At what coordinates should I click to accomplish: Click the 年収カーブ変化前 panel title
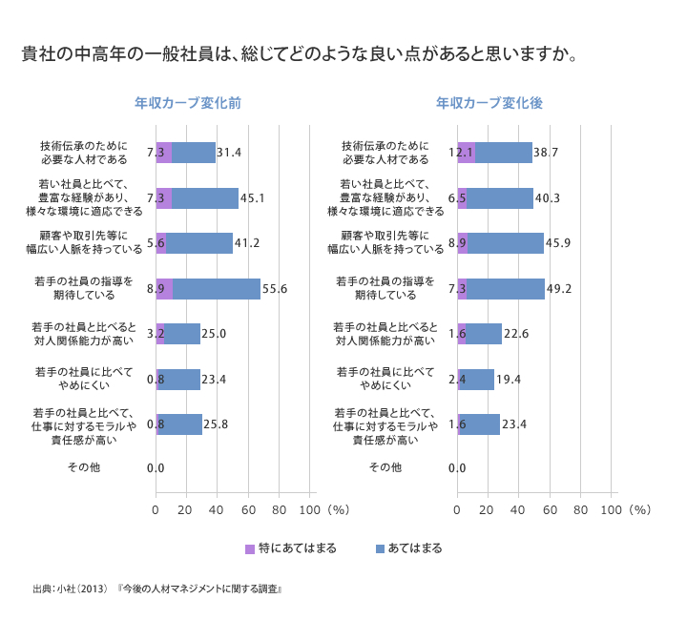(187, 102)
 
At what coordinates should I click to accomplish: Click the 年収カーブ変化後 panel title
(489, 102)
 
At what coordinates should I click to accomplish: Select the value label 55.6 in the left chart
(276, 288)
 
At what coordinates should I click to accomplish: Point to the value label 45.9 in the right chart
(558, 243)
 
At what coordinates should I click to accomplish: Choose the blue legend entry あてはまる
(407, 548)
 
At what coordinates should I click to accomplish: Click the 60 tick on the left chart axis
(248, 510)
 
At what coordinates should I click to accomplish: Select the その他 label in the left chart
(83, 467)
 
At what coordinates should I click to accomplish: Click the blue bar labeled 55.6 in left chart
(217, 288)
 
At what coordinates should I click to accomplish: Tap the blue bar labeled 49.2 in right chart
(506, 288)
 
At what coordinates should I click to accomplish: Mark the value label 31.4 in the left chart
(230, 153)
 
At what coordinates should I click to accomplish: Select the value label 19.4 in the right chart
(510, 379)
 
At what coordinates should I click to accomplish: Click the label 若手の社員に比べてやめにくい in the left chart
(83, 379)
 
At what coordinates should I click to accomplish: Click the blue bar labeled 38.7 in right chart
(503, 153)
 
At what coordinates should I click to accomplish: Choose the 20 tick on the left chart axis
(186, 510)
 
